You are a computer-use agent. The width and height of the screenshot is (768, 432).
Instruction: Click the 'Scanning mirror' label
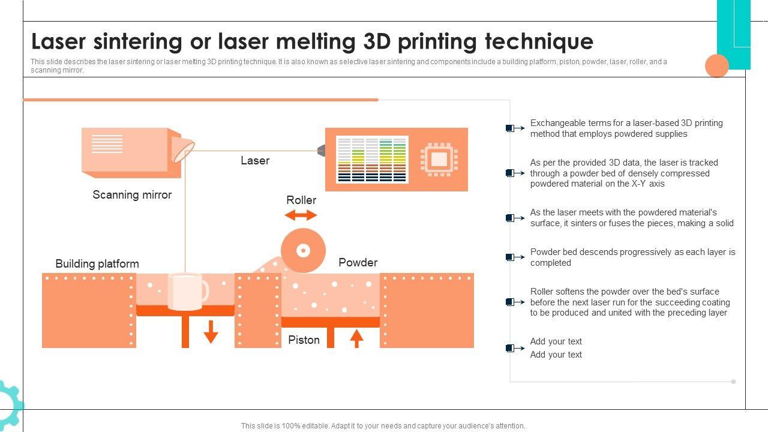pos(132,195)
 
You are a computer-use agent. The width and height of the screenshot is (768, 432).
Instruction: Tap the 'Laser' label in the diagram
pos(255,160)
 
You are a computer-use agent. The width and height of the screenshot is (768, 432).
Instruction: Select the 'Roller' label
pos(301,200)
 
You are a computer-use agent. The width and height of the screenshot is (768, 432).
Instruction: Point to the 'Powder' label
pos(358,263)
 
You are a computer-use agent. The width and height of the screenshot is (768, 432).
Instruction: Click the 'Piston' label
pos(304,340)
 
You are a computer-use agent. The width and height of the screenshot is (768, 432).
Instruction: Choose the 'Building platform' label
pos(97,264)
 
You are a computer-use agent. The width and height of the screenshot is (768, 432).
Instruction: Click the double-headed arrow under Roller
pos(301,215)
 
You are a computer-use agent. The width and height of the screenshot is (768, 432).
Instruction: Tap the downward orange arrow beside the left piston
pos(211,332)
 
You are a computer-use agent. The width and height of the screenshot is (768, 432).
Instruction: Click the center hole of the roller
pos(303,251)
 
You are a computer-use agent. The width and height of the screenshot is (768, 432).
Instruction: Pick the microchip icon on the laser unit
pos(439,160)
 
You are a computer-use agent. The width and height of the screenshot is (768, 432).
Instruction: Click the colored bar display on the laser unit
pos(372,160)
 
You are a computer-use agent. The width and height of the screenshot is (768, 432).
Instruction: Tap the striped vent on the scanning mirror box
pos(107,144)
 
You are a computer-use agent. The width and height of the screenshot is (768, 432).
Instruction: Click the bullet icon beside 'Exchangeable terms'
pos(515,128)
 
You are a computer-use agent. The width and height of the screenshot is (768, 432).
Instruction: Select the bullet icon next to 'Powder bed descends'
pos(515,257)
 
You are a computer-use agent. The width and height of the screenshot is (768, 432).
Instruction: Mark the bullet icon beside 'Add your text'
pos(515,349)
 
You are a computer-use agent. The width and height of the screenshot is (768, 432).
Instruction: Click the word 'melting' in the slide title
pos(316,42)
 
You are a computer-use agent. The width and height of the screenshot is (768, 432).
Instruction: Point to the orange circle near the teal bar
pos(717,65)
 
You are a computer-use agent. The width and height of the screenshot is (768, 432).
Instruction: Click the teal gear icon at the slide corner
pos(10,404)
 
